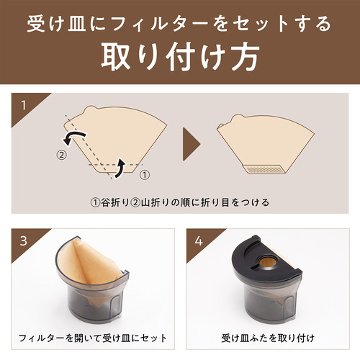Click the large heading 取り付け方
[181, 57]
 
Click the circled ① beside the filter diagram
[145, 175]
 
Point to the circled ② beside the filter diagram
[62, 155]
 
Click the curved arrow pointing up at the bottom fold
[120, 168]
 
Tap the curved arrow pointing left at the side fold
[73, 138]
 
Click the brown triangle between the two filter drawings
[192, 144]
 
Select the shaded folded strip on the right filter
[264, 169]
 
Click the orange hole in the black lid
[267, 261]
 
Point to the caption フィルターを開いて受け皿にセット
[93, 338]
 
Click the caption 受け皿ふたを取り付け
[268, 338]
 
